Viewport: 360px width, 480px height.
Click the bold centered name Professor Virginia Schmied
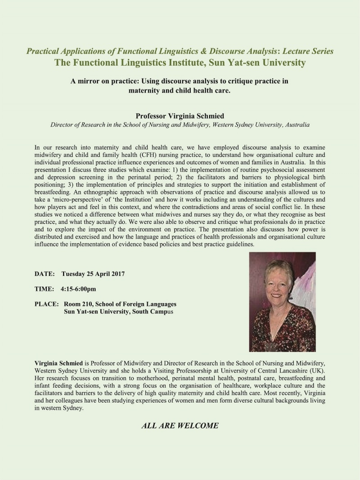[180, 115]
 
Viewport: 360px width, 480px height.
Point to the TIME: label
[44, 289]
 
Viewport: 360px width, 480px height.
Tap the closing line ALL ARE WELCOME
[180, 426]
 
